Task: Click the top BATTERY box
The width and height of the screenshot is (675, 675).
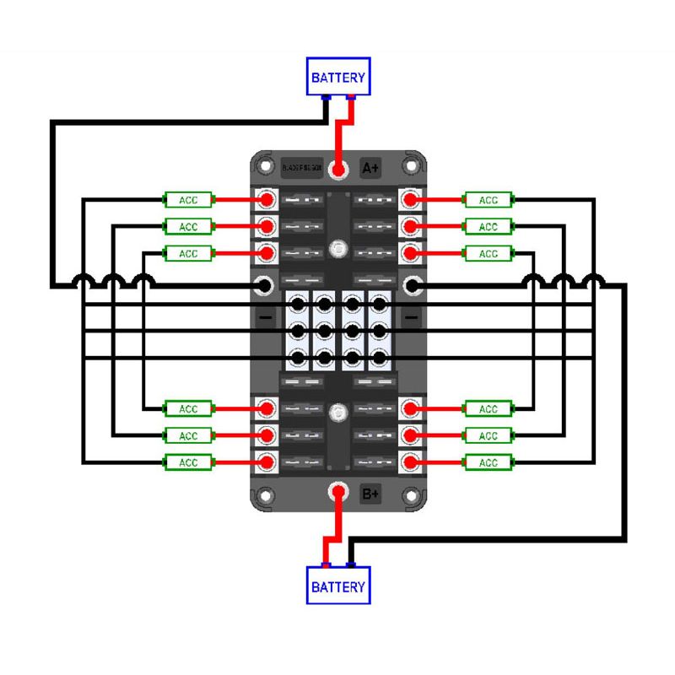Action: [x=338, y=77]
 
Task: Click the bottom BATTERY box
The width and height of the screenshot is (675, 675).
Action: [x=338, y=586]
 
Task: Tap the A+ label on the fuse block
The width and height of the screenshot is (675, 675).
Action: [x=370, y=168]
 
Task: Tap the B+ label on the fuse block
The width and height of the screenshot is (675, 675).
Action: [x=370, y=494]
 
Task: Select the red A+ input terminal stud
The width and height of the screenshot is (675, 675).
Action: [x=338, y=170]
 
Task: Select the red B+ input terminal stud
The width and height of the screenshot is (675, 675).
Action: [x=338, y=492]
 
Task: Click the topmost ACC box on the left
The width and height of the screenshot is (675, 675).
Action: [x=188, y=200]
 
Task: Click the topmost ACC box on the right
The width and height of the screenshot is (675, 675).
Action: [x=489, y=200]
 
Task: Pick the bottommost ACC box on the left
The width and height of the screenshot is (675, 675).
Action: [x=188, y=462]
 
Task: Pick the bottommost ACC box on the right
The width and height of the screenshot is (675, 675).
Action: [x=489, y=462]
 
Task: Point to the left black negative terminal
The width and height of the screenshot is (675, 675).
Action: [x=264, y=287]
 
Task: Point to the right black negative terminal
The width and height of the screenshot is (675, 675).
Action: [x=412, y=287]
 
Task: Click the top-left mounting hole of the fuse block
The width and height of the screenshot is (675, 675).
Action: [x=265, y=165]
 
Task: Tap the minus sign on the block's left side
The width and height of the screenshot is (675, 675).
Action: [x=265, y=318]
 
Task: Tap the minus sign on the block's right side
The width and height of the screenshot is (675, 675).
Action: [x=411, y=318]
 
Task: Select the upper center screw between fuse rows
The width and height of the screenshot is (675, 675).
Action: [x=338, y=249]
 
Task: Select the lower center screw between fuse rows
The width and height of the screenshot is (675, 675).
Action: [x=338, y=413]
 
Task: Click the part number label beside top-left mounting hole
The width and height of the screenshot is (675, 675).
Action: [x=301, y=167]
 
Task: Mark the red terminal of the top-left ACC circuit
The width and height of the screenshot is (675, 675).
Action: [x=267, y=200]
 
